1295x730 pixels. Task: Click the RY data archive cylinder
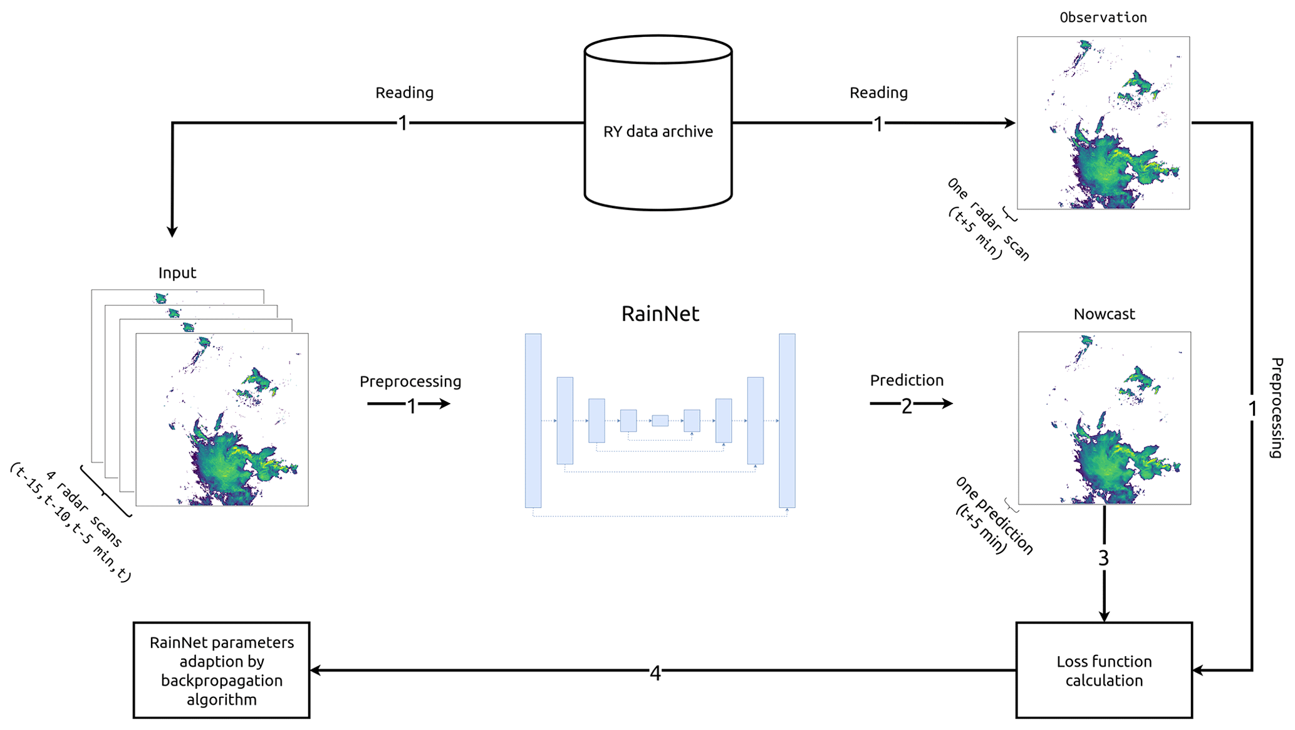[x=658, y=125]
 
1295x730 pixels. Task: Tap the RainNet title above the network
[x=660, y=314]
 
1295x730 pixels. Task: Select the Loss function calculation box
[x=1104, y=670]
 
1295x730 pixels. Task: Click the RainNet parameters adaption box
[x=222, y=670]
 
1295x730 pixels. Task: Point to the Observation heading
[x=1103, y=18]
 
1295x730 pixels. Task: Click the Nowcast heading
[x=1104, y=315]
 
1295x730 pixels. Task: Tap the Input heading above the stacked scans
[x=177, y=273]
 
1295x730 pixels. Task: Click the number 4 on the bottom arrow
[x=655, y=674]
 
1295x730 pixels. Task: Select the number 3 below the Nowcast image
[x=1104, y=558]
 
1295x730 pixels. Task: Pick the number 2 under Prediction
[x=907, y=407]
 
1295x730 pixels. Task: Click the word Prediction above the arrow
[x=907, y=380]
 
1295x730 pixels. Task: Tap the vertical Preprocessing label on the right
[x=1276, y=407]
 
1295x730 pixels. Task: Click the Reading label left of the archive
[x=404, y=93]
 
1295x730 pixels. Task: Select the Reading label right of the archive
[x=878, y=93]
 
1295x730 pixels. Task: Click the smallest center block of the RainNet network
[x=660, y=420]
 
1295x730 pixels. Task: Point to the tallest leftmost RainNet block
[x=533, y=420]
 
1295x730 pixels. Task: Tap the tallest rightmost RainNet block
[x=787, y=420]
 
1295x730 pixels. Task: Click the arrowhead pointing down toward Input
[x=172, y=231]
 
